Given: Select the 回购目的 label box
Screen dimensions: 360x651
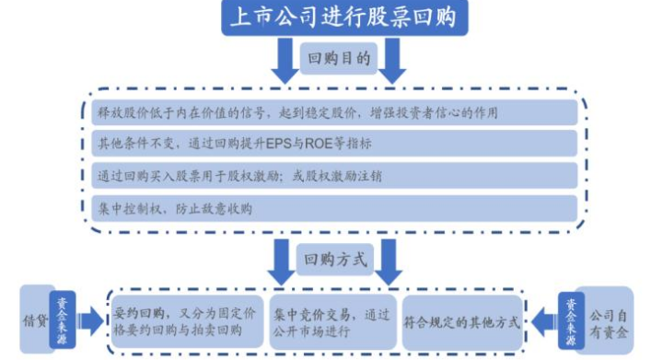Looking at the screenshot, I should click(x=338, y=58).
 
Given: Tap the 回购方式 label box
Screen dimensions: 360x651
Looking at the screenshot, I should click(x=338, y=260).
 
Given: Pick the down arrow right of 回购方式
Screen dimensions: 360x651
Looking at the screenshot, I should click(x=392, y=262).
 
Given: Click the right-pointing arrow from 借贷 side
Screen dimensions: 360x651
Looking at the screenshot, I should click(x=90, y=321).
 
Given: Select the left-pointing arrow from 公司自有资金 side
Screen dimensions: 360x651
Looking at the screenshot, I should click(x=543, y=322).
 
